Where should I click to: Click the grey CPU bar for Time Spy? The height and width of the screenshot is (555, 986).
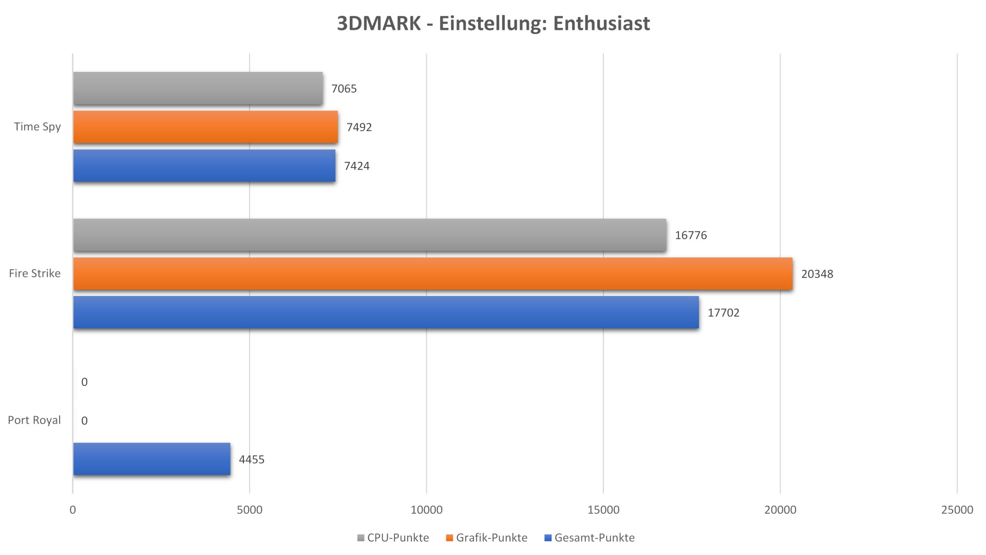coord(198,88)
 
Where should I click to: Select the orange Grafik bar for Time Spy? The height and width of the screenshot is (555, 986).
coord(205,127)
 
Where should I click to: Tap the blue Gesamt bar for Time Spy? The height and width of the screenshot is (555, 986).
coord(204,165)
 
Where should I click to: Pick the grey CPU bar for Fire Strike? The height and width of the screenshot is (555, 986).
coord(370,235)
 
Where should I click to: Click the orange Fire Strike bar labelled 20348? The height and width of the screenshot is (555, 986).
coord(432,273)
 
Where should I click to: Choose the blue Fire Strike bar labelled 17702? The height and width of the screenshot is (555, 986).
coord(386,312)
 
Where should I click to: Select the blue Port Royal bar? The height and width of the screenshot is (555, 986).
coord(151,459)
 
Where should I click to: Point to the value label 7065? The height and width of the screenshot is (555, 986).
coord(344,89)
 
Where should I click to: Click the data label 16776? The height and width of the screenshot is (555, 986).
coord(691,235)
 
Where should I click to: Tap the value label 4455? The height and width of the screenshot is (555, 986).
coord(252,459)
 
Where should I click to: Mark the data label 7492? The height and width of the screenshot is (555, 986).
coord(359,127)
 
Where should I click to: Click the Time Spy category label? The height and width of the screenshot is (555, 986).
coord(37,127)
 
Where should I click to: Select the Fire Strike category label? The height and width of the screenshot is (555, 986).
coord(35,273)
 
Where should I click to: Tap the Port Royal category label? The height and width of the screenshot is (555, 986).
coord(34,420)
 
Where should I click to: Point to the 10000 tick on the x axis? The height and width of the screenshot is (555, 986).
coord(426,510)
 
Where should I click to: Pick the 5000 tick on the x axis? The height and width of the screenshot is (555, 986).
coord(250,510)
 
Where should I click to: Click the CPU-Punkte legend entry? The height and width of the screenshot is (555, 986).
coord(393,538)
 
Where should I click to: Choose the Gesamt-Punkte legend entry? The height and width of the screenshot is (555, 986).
coord(590,538)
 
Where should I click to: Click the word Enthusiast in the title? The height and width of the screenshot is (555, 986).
coord(602,23)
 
